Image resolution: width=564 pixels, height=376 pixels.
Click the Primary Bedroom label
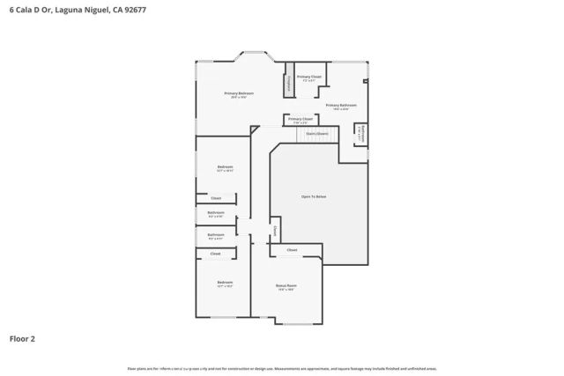pos(239,93)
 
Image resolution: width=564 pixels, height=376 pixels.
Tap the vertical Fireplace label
pos(288,83)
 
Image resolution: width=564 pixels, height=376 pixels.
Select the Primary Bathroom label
pos(341,105)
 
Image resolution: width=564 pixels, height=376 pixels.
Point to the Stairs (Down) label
pos(317,134)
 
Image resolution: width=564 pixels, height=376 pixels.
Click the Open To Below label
pos(314,196)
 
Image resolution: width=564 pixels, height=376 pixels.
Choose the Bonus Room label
pos(286,285)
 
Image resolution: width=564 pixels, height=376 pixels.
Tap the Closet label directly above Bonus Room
pos(292,250)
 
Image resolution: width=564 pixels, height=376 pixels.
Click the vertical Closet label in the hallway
pos(275,232)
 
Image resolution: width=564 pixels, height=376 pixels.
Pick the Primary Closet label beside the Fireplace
pos(309,77)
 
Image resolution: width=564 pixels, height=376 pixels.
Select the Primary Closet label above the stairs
pos(301,118)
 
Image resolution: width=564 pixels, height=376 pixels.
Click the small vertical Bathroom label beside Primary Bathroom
pos(360,132)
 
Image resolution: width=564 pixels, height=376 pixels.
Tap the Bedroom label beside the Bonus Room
pos(225,283)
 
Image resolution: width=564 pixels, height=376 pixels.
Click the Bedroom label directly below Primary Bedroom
pos(225,167)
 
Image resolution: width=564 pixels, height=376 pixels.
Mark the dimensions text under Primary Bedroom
pos(239,98)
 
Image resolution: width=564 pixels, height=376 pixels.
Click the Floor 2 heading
pos(22,338)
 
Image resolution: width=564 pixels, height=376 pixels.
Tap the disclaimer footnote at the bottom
pos(282,367)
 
